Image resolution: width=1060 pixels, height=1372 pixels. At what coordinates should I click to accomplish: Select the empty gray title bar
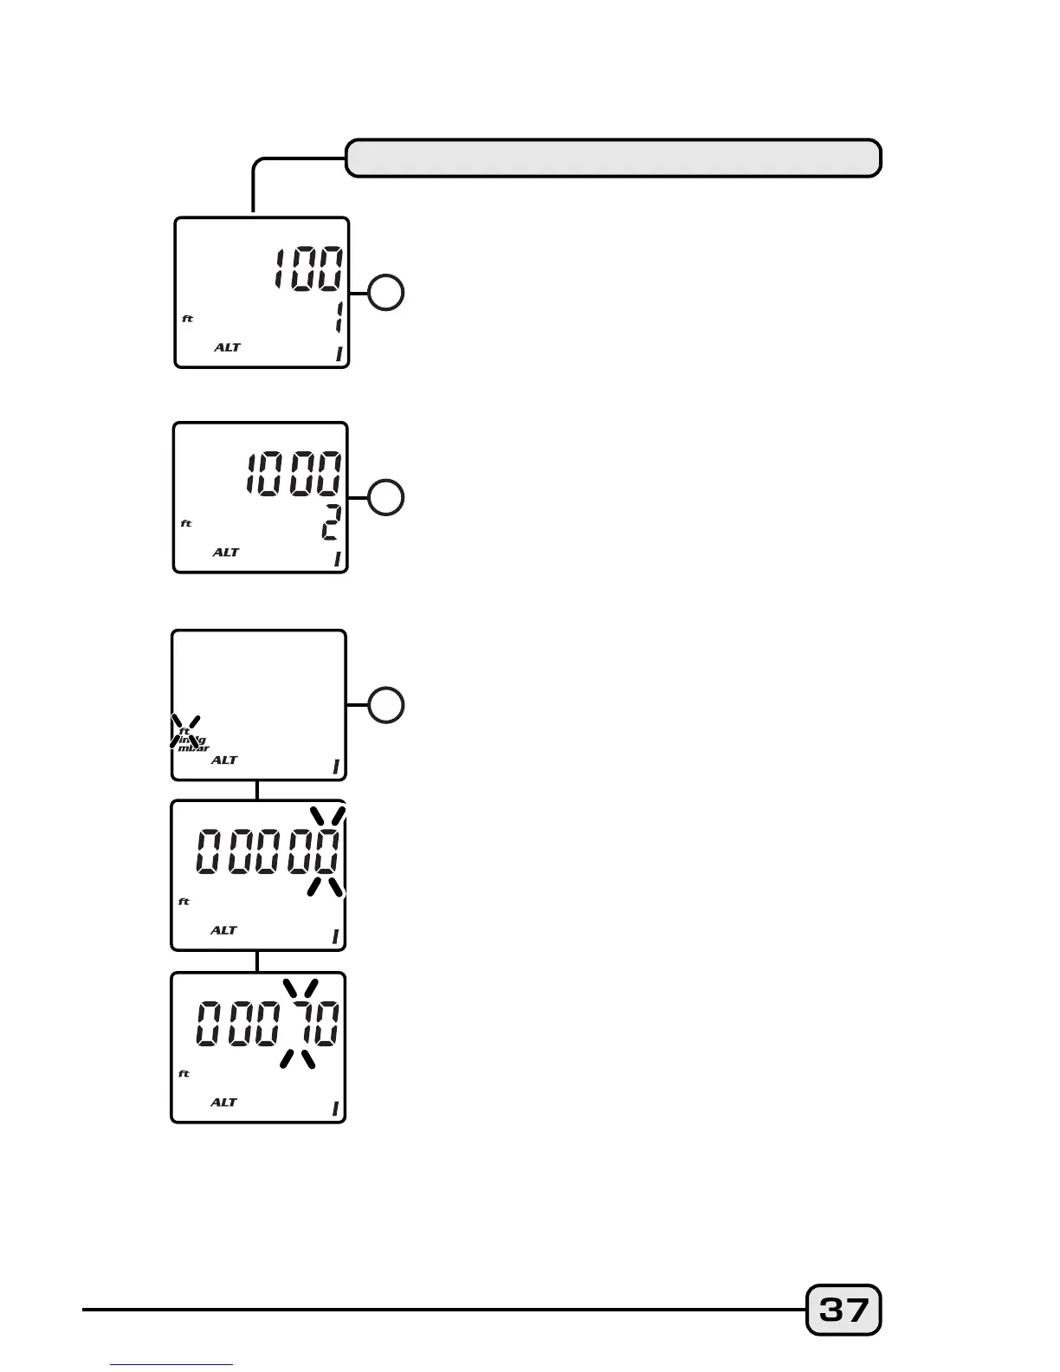613,159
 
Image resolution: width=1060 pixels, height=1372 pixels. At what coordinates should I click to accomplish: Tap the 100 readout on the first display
308,269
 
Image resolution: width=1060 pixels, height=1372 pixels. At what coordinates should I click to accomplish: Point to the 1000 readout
294,474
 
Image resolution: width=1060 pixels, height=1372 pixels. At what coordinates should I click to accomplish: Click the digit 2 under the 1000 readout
332,523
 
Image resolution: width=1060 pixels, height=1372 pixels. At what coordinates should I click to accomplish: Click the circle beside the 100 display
386,293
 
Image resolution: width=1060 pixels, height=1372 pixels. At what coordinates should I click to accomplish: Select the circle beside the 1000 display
386,497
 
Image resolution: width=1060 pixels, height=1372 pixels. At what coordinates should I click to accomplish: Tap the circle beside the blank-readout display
386,705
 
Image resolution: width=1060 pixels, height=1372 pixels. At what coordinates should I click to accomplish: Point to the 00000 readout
268,851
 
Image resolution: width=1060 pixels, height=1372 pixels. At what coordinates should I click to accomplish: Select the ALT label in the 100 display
227,347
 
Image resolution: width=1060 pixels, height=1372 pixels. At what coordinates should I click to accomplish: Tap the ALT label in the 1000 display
225,552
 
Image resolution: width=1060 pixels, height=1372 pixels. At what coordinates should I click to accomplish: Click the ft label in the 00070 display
184,1074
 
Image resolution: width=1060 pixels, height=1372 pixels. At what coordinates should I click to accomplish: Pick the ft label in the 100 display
187,319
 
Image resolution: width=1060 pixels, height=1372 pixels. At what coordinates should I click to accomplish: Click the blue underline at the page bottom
171,1365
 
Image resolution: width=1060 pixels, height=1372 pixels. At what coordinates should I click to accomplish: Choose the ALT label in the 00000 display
223,930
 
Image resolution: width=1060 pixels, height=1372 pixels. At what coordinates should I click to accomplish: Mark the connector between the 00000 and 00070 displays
257,961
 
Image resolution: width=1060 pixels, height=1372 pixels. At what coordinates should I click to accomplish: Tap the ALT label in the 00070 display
223,1102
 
